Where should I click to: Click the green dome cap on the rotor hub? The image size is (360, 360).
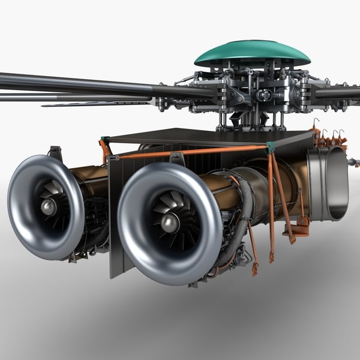(252, 53)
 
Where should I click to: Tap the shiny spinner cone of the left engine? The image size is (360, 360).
(48, 207)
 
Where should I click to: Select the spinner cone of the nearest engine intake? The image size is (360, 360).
(170, 223)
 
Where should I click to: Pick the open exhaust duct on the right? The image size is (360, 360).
(328, 183)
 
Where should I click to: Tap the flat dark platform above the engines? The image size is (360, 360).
(204, 136)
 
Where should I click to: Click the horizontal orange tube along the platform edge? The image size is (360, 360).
(192, 151)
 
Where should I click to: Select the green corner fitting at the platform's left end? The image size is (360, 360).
(106, 140)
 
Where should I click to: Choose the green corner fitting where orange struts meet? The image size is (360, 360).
(271, 146)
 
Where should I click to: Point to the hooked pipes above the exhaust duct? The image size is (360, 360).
(330, 137)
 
